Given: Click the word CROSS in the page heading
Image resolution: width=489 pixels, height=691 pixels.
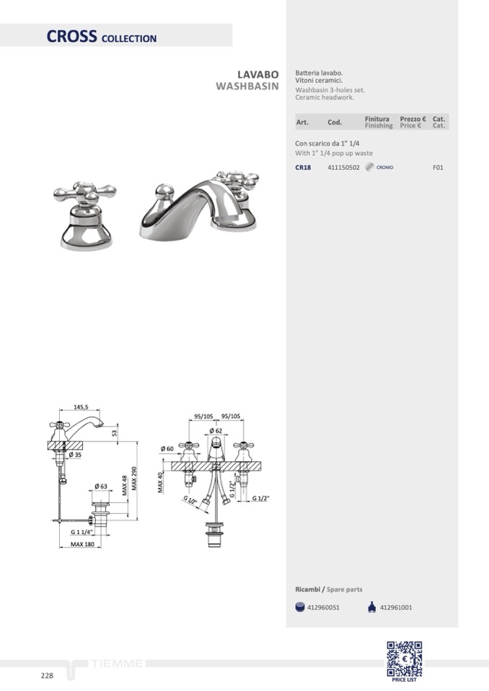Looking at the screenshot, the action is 71,36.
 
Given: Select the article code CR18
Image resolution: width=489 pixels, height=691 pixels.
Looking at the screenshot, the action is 303,167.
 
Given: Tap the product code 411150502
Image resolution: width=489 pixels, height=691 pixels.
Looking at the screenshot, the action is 343,167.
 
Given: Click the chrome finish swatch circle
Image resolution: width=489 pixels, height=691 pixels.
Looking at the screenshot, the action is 369,167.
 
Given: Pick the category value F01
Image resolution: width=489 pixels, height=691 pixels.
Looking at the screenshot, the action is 438,167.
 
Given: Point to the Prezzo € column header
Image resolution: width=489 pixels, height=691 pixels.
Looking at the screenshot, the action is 413,119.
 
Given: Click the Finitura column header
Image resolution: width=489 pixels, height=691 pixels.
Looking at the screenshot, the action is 377,119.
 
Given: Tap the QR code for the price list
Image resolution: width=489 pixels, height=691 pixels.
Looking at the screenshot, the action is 405,659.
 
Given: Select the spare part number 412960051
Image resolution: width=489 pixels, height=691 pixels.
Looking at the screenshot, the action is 323,607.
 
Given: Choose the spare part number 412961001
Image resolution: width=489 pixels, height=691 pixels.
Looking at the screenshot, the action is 396,607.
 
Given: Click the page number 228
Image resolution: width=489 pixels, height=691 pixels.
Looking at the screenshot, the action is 47,676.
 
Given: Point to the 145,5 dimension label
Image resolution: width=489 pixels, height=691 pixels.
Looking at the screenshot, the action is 81,407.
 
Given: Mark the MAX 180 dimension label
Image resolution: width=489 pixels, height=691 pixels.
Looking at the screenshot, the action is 82,544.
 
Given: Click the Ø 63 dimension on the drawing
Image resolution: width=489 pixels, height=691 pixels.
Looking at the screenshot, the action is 100,486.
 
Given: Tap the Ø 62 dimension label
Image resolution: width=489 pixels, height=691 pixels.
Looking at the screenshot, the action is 216,431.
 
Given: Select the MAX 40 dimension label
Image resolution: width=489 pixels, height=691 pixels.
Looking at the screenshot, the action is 160,483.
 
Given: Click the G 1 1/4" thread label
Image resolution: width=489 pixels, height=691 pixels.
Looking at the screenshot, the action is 81,532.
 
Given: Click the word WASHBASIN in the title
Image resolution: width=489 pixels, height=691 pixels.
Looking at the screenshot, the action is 247,86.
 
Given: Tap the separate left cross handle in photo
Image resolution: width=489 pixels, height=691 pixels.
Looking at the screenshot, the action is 86,215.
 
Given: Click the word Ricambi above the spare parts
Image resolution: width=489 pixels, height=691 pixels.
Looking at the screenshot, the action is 307,589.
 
